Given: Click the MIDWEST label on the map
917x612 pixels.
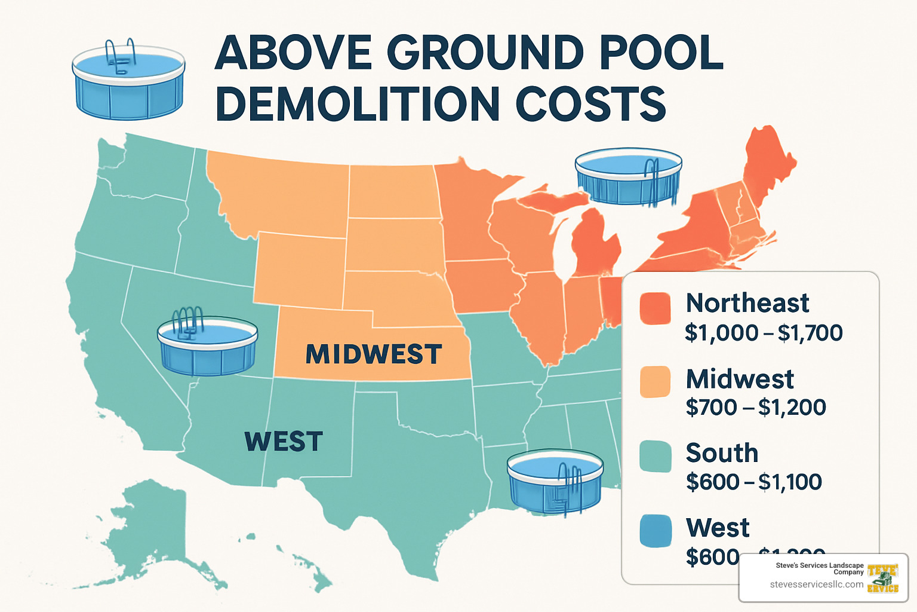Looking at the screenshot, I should coord(374,354).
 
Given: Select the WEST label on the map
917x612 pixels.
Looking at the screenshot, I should coord(284,442).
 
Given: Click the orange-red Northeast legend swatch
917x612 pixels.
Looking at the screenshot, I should coord(655,308).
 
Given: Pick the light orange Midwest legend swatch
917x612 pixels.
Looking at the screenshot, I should coord(655,382).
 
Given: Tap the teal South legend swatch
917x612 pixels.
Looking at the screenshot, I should coord(655,457).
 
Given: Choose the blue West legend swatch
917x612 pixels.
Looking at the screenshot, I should coord(655,531).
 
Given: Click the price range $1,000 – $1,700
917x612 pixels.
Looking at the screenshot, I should coord(764,333).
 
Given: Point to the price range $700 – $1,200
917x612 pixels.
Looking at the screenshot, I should coord(756,408).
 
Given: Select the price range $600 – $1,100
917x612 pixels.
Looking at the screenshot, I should coord(754,482).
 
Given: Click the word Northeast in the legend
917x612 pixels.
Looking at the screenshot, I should coord(747,303).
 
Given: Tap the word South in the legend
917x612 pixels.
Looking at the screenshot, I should coord(722,453).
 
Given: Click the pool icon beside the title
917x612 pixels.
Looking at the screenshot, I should coord(128,81).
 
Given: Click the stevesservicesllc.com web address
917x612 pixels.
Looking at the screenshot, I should coord(816,585).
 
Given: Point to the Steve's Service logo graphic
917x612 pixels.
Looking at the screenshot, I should coord(883,578).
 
